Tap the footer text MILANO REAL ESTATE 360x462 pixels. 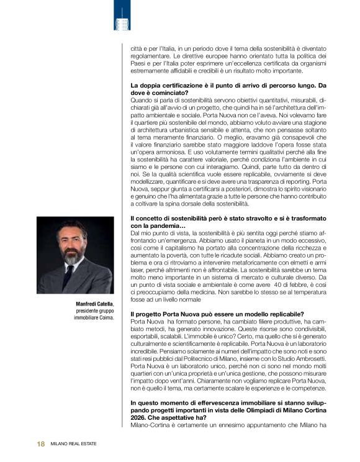click(x=73, y=444)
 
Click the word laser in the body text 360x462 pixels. click(x=137, y=269)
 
